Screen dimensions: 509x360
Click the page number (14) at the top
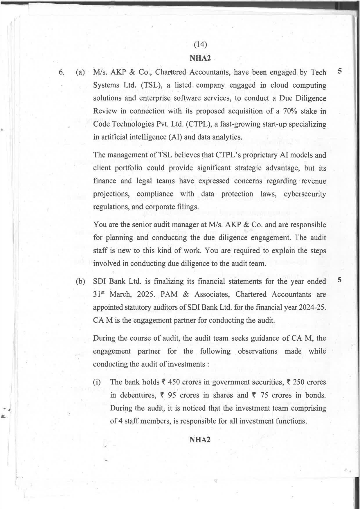pyautogui.click(x=200, y=44)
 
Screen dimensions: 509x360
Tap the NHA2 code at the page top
pyautogui.click(x=200, y=58)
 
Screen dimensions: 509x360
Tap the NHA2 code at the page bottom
pyautogui.click(x=200, y=440)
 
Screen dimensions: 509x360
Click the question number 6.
pyautogui.click(x=62, y=73)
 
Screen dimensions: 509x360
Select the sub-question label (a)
pyautogui.click(x=80, y=73)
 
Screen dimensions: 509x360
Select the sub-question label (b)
pyautogui.click(x=80, y=281)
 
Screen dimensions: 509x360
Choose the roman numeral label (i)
pyautogui.click(x=97, y=382)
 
